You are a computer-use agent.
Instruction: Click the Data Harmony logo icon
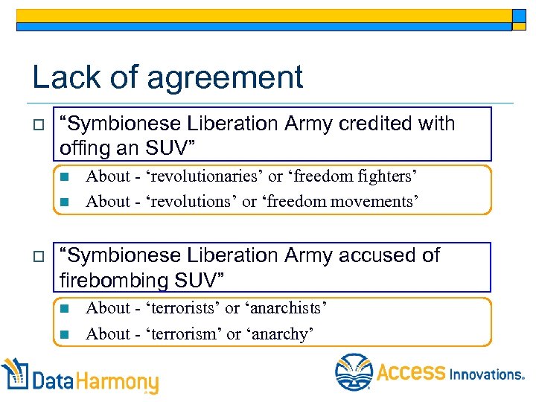14,374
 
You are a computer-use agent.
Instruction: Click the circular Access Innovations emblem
354,372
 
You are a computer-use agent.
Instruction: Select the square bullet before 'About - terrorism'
64,334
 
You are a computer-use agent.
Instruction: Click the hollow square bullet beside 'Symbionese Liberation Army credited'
38,124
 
